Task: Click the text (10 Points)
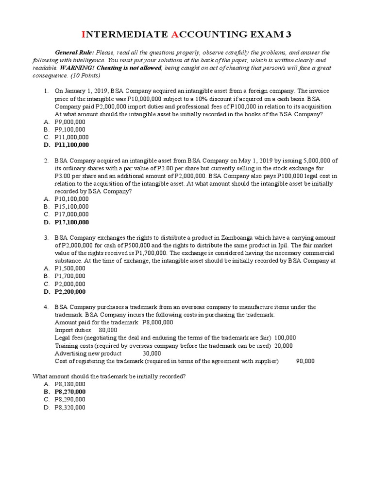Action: pyautogui.click(x=85, y=76)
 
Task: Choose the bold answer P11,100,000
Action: pyautogui.click(x=71, y=145)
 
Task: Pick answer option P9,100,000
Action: pyautogui.click(x=70, y=129)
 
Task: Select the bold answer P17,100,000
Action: pyautogui.click(x=71, y=222)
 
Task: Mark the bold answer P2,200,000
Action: pyautogui.click(x=70, y=292)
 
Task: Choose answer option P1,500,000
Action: pyautogui.click(x=70, y=268)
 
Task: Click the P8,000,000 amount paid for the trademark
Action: pyautogui.click(x=157, y=322)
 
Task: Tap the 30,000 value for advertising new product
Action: pyautogui.click(x=152, y=354)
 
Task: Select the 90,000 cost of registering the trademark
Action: pyautogui.click(x=305, y=361)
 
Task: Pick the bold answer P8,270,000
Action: pyautogui.click(x=70, y=391)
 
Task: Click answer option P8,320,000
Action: pyautogui.click(x=70, y=408)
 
